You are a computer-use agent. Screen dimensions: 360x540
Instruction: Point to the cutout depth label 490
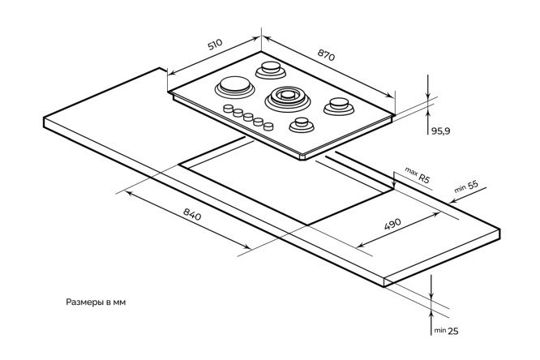(x=393, y=225)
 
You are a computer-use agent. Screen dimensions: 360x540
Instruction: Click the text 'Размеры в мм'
(x=96, y=302)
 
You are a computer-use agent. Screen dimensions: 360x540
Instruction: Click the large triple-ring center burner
(x=286, y=97)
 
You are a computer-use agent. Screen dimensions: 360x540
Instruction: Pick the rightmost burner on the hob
(x=336, y=105)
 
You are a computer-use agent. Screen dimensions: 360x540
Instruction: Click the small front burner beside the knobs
(x=302, y=125)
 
